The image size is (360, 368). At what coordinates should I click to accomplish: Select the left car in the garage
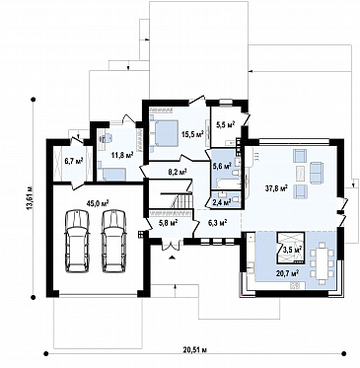[x=77, y=242]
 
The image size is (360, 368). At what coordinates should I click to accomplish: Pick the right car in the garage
[x=113, y=242]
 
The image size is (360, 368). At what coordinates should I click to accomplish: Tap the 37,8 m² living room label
[x=276, y=188]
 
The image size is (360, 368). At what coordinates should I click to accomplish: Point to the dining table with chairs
[x=322, y=263]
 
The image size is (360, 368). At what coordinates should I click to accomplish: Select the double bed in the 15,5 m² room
[x=164, y=133]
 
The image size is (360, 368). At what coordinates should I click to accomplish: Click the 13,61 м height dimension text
[x=31, y=197]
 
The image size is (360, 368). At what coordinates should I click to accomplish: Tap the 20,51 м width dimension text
[x=195, y=349]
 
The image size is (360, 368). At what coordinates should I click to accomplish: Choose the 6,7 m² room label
[x=74, y=161]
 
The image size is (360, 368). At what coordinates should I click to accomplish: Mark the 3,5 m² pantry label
[x=293, y=250]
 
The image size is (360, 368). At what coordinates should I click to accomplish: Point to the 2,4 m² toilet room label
[x=222, y=201]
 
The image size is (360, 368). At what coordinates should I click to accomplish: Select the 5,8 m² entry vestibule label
[x=169, y=223]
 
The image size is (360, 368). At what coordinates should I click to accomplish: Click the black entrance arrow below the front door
[x=172, y=258]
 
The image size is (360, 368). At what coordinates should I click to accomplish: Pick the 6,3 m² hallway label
[x=218, y=223]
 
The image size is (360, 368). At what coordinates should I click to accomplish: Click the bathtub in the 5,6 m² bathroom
[x=226, y=184]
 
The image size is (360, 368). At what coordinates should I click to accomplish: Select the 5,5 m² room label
[x=226, y=124]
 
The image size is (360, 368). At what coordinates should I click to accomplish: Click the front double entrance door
[x=171, y=244]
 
